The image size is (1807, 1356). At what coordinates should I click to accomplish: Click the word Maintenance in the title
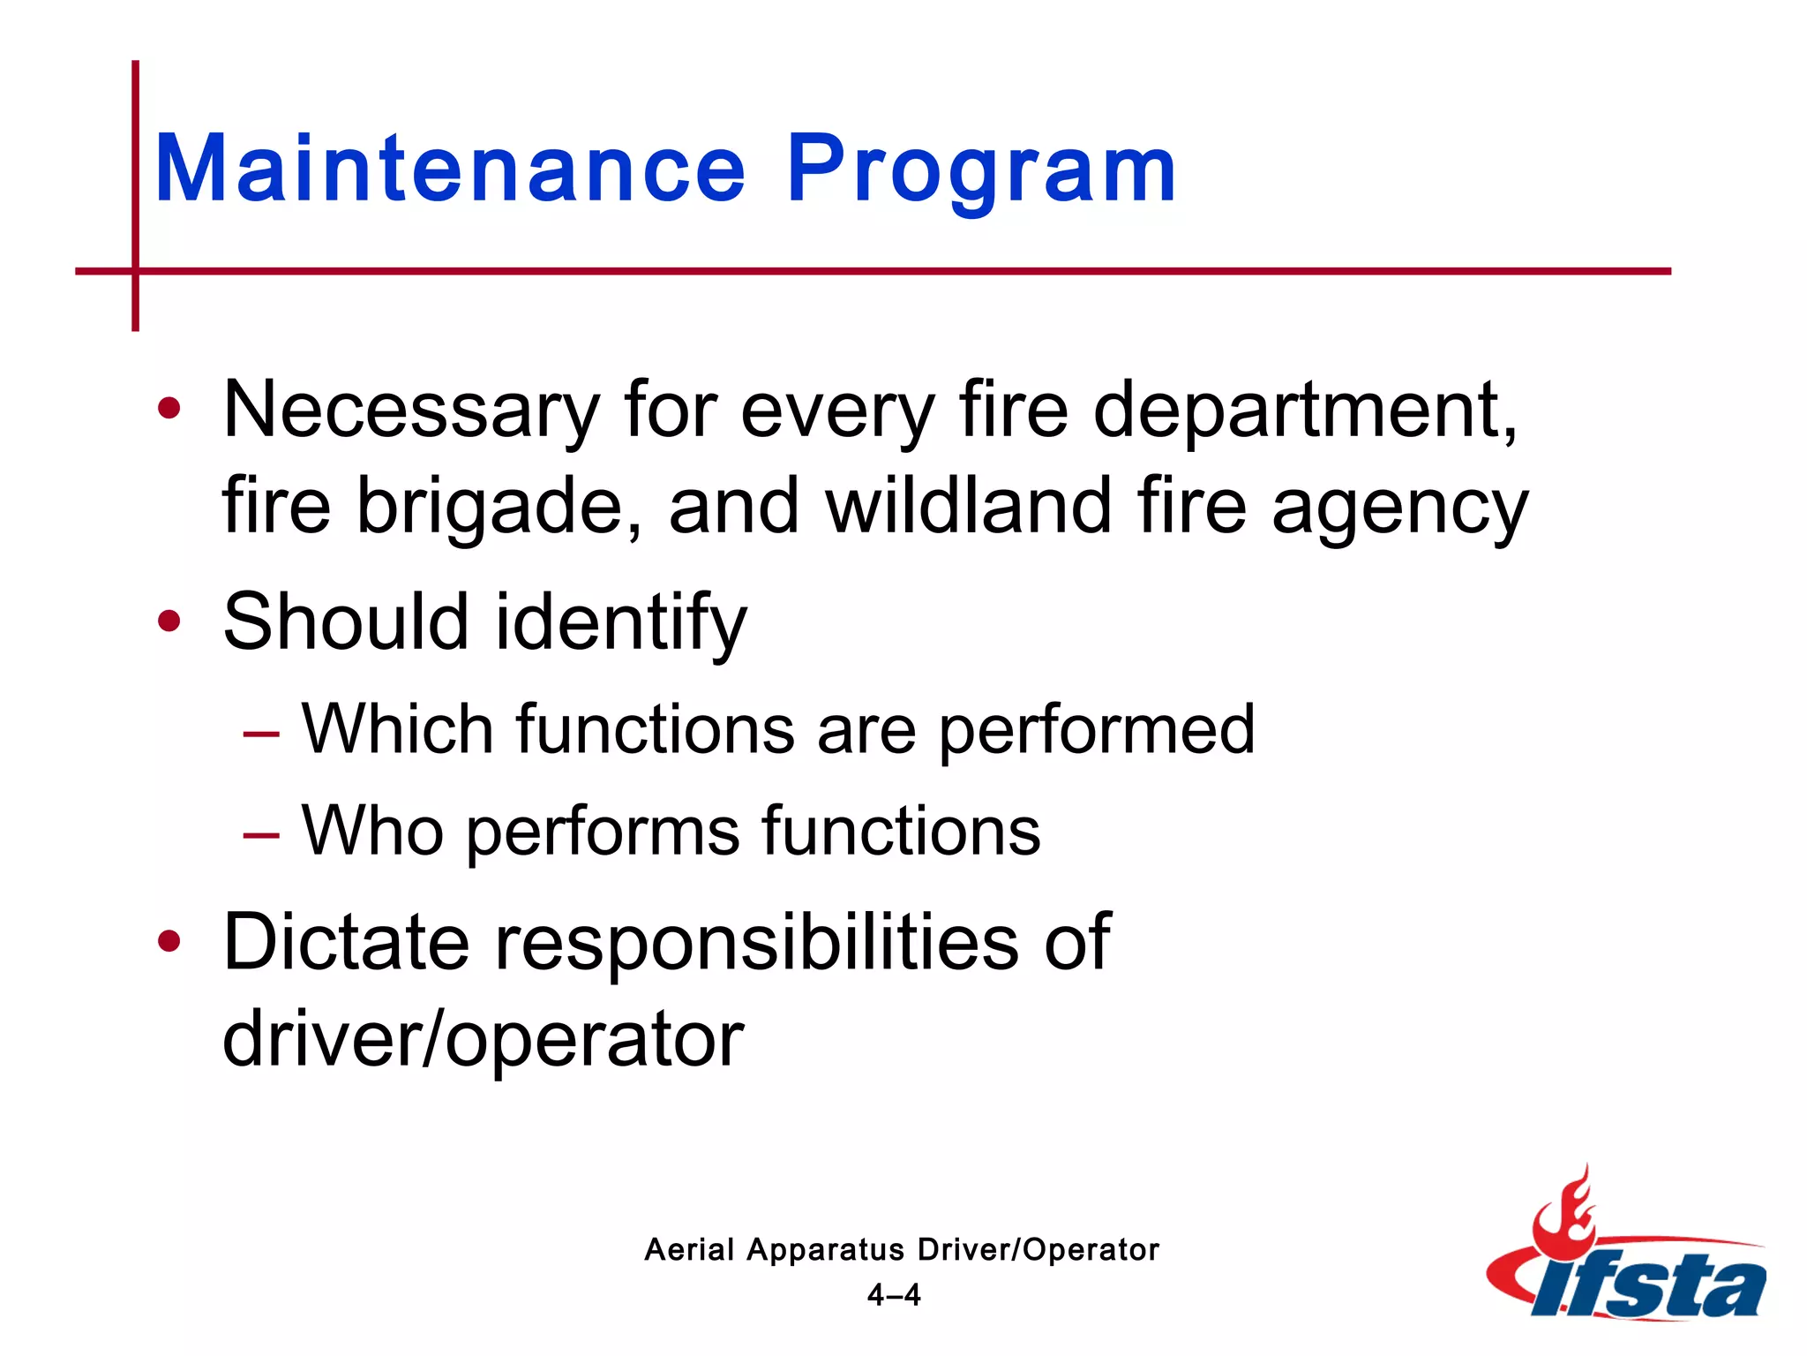[x=450, y=169]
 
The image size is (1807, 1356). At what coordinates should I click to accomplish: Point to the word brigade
[x=499, y=507]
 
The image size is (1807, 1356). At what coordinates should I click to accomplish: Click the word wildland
[x=968, y=507]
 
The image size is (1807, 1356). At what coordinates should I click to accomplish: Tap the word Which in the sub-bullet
[x=397, y=729]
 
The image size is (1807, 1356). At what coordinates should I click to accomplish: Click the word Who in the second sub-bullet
[x=372, y=832]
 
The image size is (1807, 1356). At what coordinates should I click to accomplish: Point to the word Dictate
[x=346, y=943]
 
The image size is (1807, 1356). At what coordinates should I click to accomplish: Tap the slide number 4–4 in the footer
[x=894, y=1295]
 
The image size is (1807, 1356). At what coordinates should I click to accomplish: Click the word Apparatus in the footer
[x=825, y=1250]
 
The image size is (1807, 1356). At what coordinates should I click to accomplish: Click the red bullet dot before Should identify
[x=169, y=621]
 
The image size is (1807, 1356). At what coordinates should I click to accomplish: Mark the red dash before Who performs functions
[x=261, y=834]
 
